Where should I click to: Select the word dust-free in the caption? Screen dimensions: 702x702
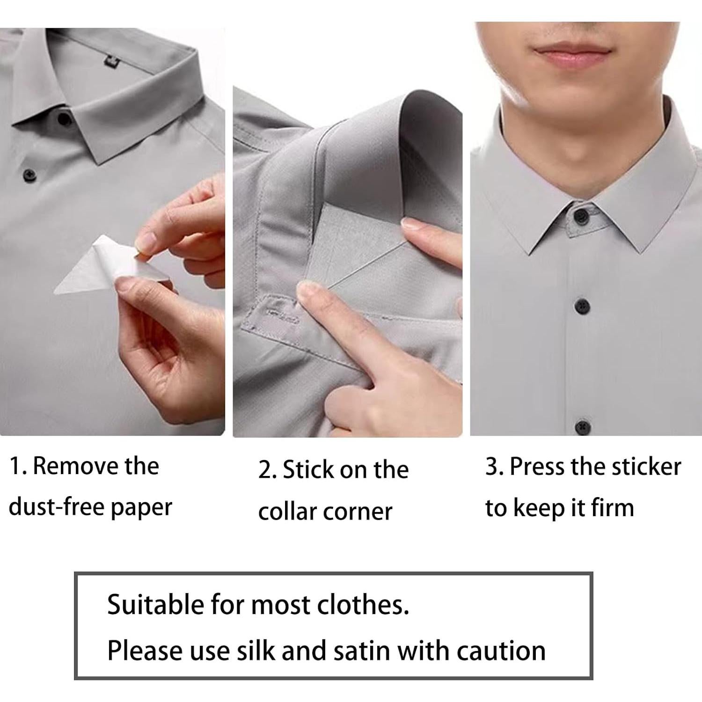point(55,507)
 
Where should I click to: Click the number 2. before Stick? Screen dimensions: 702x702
point(268,470)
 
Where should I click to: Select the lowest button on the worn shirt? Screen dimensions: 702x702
point(582,426)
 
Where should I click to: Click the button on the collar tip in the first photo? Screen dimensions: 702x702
point(64,119)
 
